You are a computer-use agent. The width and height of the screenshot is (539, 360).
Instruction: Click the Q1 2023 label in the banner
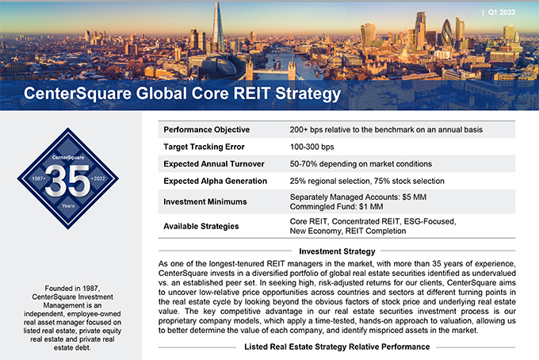[x=502, y=13]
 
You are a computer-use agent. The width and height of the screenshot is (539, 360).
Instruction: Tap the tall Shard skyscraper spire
[x=217, y=28]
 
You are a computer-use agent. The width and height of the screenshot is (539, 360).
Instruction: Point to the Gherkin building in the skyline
[x=447, y=33]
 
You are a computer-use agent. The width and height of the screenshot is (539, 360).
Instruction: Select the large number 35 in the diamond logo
[x=67, y=181]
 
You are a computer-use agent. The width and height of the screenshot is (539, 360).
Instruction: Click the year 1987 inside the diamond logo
[x=37, y=178]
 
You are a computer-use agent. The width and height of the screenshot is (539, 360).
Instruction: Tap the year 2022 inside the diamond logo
[x=99, y=178]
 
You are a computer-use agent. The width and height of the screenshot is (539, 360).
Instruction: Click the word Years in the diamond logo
[x=68, y=205]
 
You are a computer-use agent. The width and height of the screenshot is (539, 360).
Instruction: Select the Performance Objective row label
[x=207, y=129]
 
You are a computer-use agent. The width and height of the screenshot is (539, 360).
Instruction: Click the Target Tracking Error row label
[x=204, y=147]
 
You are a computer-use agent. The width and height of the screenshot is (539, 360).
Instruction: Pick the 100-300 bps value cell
[x=312, y=147]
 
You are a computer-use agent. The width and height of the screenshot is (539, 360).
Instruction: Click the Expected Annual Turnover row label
[x=214, y=163]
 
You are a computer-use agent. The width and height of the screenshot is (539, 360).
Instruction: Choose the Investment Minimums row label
[x=205, y=202]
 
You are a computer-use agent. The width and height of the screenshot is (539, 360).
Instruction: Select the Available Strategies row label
[x=201, y=226]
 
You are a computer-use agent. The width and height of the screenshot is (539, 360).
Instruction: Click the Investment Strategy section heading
[x=337, y=251]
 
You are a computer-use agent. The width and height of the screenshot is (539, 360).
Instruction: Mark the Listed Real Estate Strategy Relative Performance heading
[x=337, y=347]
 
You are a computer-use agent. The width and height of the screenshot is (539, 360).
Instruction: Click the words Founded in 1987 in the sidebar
[x=72, y=288]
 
